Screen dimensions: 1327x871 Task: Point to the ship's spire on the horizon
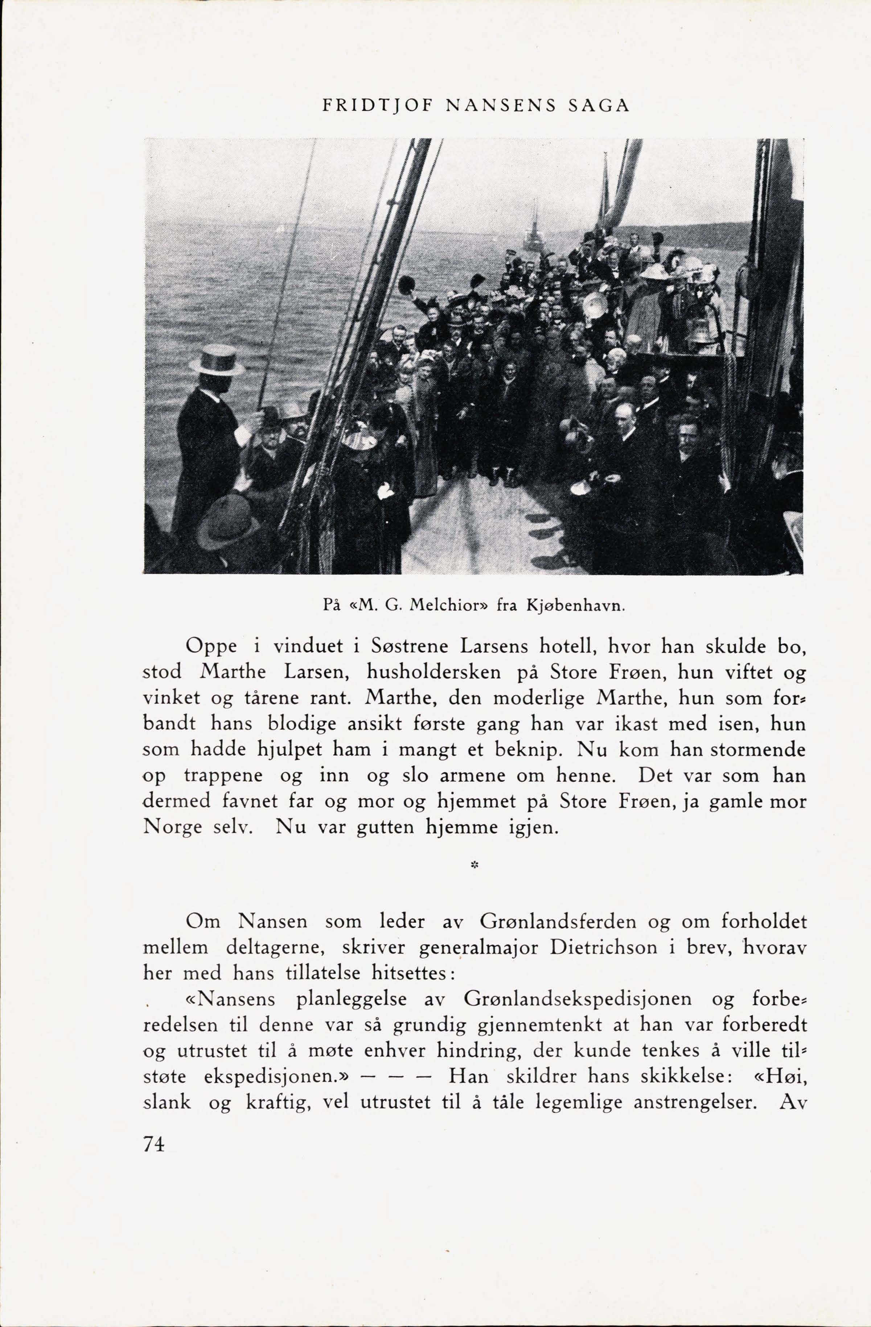click(533, 229)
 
